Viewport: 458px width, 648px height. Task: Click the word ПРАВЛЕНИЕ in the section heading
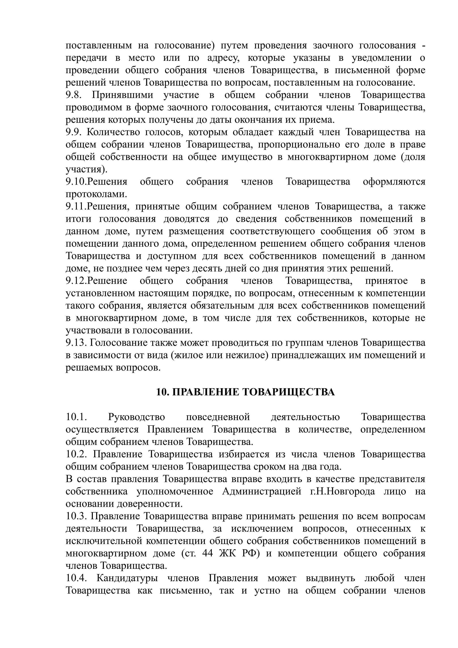[205, 392]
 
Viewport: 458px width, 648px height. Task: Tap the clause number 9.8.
[74, 95]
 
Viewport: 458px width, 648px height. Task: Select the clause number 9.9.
[74, 132]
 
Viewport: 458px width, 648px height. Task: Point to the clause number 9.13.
[76, 343]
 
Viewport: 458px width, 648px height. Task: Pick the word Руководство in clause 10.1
[137, 417]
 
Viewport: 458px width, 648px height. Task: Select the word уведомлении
[382, 58]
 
